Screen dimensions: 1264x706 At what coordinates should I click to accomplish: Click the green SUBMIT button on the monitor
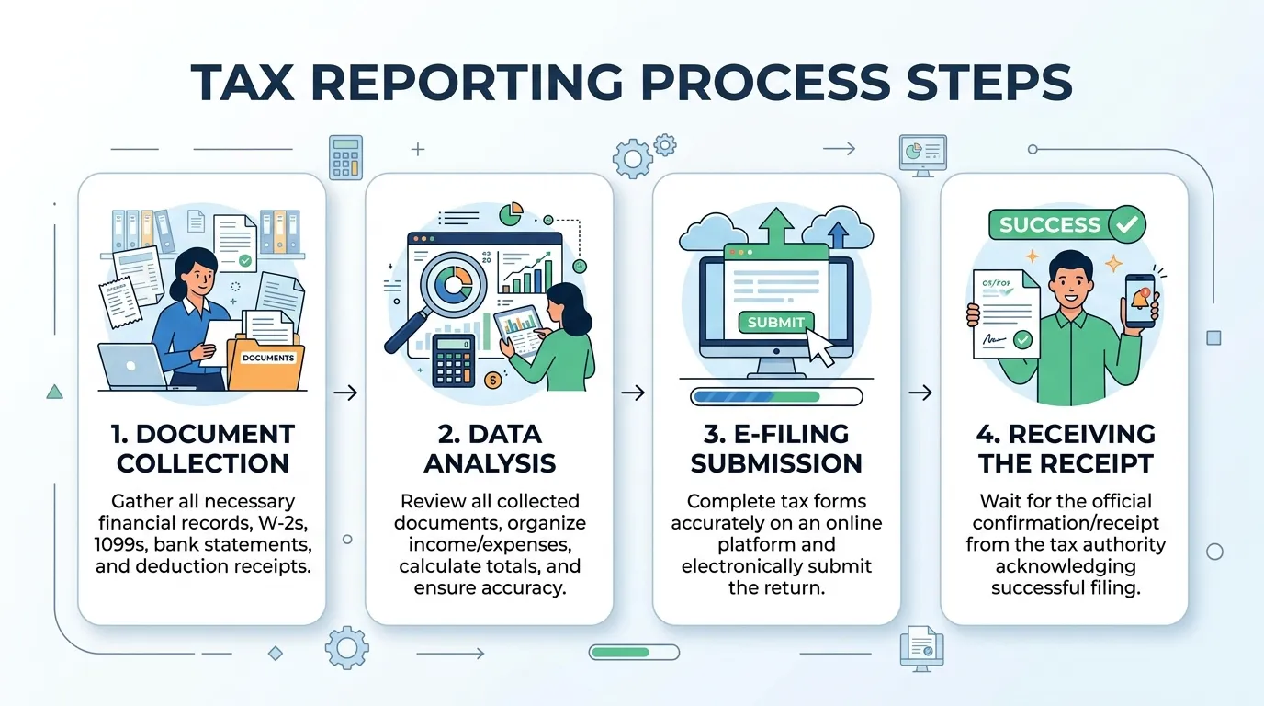pos(776,322)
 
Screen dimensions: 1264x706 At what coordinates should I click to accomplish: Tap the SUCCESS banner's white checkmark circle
pos(1127,224)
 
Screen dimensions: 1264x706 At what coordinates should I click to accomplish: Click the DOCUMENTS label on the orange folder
pos(268,358)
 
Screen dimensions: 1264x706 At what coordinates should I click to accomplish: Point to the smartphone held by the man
pos(1140,301)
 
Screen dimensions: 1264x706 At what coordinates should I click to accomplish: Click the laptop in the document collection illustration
pos(132,367)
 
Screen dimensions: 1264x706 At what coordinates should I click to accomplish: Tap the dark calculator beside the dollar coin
pos(454,360)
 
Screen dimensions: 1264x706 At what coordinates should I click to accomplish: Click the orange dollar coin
pos(492,380)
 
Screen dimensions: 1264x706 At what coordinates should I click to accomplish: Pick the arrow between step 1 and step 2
pos(345,393)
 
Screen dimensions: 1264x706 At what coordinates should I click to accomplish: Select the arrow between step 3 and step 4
pos(920,393)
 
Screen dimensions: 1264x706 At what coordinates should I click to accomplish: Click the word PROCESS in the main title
pos(764,83)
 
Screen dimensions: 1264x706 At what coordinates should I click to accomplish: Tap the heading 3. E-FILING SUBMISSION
pos(776,449)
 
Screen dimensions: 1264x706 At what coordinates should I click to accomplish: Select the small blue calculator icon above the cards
pos(345,157)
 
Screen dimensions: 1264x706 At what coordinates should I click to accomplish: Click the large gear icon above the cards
pos(632,159)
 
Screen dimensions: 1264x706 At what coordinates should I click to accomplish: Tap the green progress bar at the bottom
pos(634,653)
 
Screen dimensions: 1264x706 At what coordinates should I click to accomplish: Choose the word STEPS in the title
pos(989,83)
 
